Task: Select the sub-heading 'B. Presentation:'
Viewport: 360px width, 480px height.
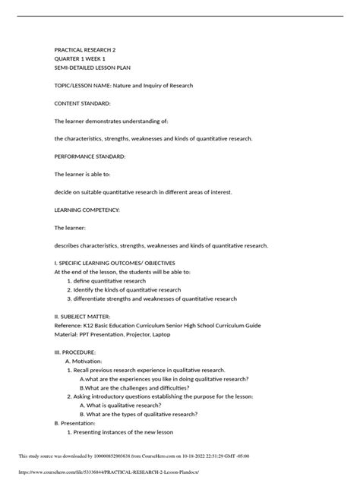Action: [80, 423]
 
